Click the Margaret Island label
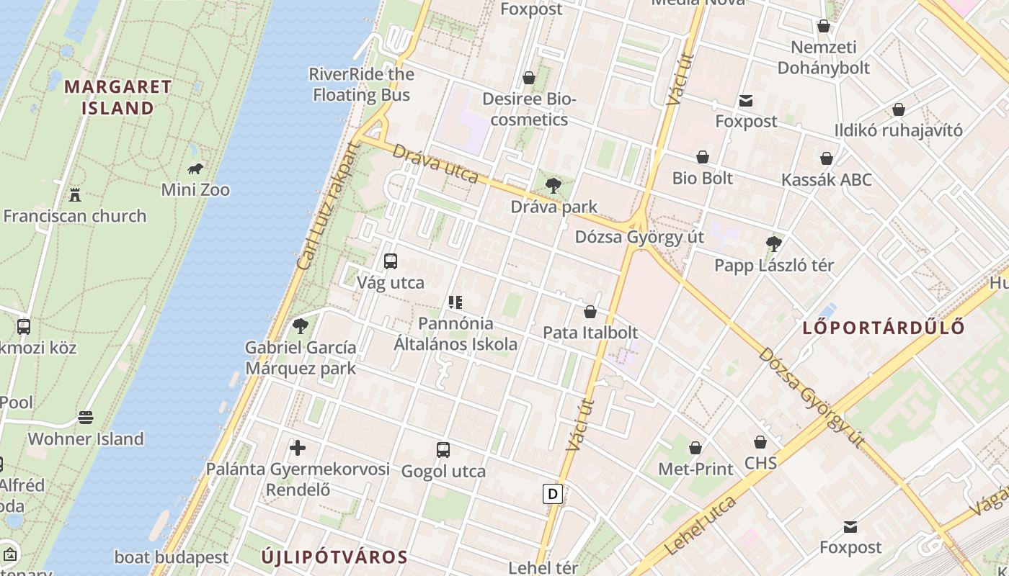[x=118, y=97]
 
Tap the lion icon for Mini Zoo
[x=195, y=169]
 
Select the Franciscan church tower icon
[x=75, y=194]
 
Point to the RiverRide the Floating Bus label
[x=362, y=84]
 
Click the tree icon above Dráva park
[x=554, y=186]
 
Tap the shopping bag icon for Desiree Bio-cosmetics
[x=529, y=78]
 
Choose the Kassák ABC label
[x=827, y=179]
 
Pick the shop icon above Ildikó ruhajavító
[x=898, y=109]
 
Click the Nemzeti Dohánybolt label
[x=824, y=58]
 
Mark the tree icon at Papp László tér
[x=774, y=244]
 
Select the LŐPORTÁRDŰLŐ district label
[x=884, y=328]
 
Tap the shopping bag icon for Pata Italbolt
[x=590, y=312]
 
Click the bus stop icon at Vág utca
[x=391, y=261]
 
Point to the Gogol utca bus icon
[x=443, y=450]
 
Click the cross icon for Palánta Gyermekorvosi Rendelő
[x=298, y=449]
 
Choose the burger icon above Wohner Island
[x=86, y=418]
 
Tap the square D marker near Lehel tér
[x=553, y=494]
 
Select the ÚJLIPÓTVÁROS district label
[x=334, y=557]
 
